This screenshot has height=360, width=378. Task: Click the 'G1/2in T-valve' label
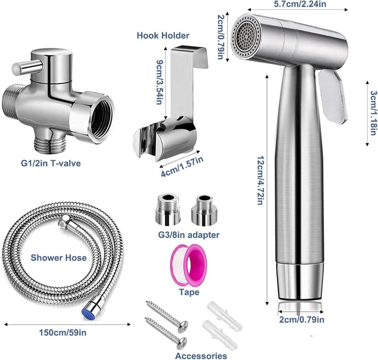[x=51, y=163]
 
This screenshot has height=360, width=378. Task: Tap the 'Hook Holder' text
[x=163, y=35]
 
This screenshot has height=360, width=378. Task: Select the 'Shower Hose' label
[x=59, y=258]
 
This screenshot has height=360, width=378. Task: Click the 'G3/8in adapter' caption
[x=189, y=235]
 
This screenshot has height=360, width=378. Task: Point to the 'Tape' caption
[x=189, y=292]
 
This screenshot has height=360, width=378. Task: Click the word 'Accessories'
[x=201, y=356]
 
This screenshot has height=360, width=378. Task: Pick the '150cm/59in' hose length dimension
[x=63, y=333]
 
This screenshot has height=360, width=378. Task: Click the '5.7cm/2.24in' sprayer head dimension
[x=300, y=4]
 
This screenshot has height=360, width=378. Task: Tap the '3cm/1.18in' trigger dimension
[x=373, y=113]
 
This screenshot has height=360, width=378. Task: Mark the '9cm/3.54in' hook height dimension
[x=159, y=82]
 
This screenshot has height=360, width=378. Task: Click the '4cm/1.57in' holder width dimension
[x=182, y=166]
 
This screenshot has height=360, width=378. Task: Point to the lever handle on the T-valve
[x=27, y=68]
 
